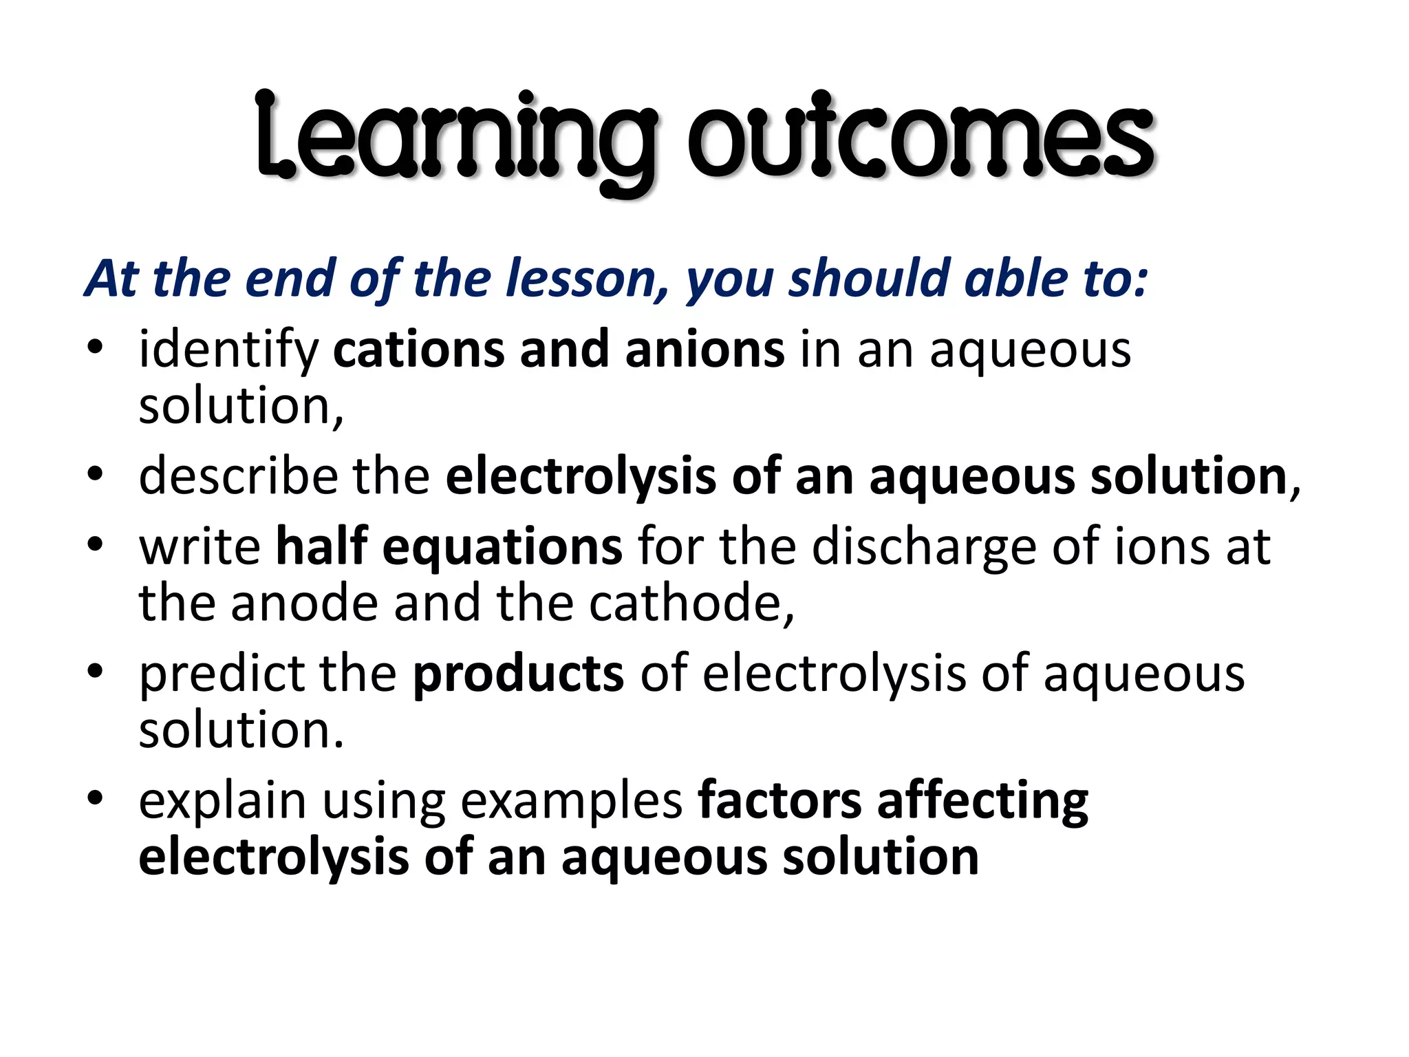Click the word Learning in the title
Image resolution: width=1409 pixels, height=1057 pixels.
pyautogui.click(x=455, y=138)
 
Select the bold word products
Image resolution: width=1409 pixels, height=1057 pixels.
pyautogui.click(x=518, y=674)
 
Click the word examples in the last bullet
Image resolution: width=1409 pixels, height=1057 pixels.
pyautogui.click(x=571, y=802)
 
